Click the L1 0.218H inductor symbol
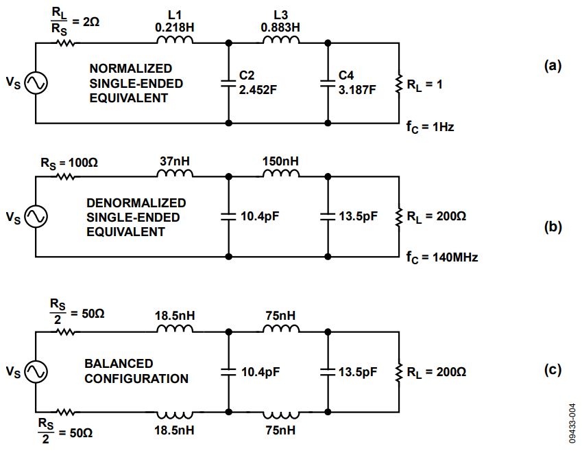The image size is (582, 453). [175, 41]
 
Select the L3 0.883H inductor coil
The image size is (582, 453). [281, 41]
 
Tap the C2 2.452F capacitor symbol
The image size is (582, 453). [228, 83]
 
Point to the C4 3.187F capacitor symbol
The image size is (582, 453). [328, 83]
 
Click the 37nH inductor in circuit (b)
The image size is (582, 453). [175, 174]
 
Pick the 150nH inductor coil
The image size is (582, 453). [281, 174]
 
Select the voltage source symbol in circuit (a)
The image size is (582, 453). [35, 83]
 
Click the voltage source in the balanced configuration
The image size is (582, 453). [35, 371]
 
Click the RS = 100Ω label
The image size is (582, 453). [69, 163]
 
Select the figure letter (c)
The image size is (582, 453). [553, 371]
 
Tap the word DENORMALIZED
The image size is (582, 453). [136, 203]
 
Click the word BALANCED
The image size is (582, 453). [119, 363]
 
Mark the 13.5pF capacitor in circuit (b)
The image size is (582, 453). [328, 217]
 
